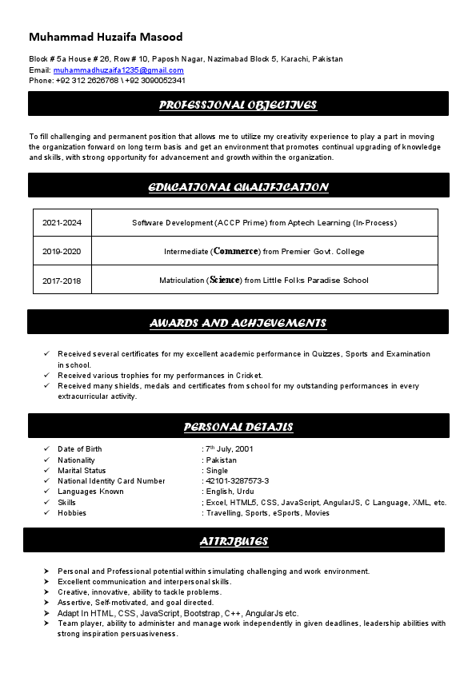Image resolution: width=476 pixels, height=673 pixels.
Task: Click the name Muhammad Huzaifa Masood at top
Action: click(x=106, y=37)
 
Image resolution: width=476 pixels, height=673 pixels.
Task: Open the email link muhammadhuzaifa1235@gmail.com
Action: click(x=118, y=70)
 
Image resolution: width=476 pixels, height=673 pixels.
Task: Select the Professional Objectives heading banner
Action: click(x=238, y=105)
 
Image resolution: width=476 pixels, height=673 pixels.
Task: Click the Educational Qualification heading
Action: click(x=238, y=187)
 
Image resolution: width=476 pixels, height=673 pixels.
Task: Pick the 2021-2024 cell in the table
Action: click(x=62, y=223)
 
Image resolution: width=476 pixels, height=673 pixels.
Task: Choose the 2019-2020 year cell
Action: click(x=62, y=252)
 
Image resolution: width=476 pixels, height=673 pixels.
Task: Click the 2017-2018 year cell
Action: click(x=62, y=281)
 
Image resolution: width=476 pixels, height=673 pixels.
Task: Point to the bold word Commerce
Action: click(x=236, y=251)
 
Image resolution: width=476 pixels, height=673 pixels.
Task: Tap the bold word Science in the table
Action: click(x=224, y=281)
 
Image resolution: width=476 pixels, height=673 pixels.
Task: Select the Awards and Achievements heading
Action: click(x=238, y=323)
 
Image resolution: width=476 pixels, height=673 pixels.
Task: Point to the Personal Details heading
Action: click(x=238, y=427)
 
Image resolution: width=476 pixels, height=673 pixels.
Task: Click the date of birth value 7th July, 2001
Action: click(x=230, y=449)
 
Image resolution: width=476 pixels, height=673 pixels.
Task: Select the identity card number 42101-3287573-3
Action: click(x=237, y=481)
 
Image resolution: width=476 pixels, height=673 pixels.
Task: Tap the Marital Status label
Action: click(x=82, y=471)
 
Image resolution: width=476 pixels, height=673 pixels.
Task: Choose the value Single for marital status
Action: click(x=217, y=471)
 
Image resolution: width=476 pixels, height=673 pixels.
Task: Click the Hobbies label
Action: click(x=72, y=513)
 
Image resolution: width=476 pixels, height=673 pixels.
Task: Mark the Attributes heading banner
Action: click(x=234, y=541)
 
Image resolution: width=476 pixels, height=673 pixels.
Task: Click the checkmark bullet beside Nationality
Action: click(x=47, y=460)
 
